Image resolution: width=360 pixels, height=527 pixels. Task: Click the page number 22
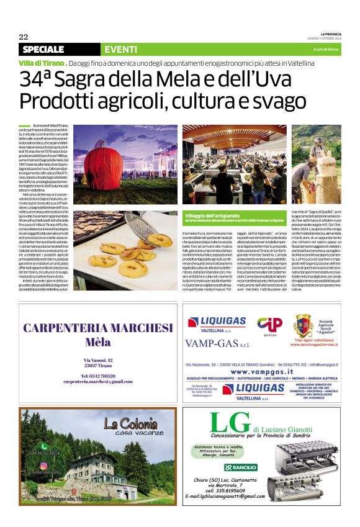[x=24, y=37]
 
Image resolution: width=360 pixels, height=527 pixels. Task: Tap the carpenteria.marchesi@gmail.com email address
[x=97, y=381]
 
